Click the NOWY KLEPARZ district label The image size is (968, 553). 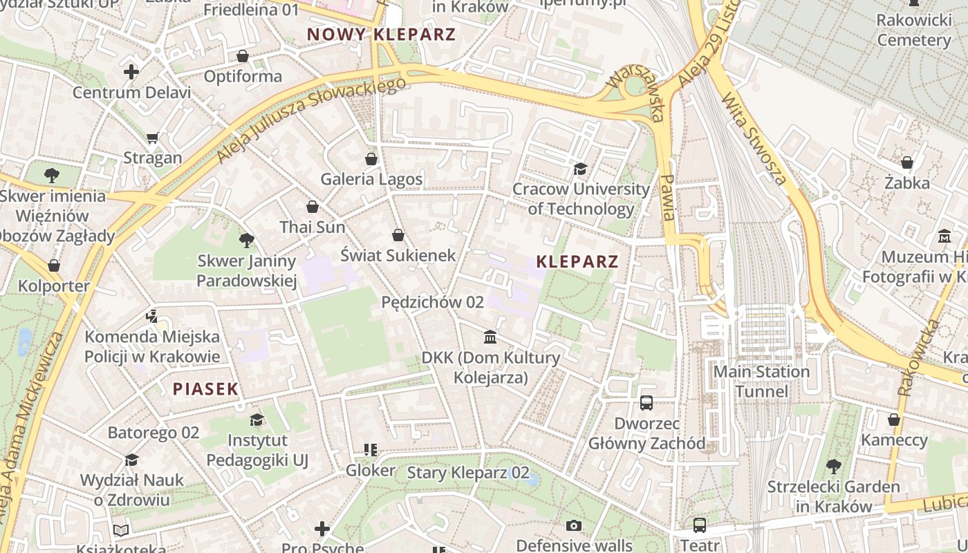pos(381,34)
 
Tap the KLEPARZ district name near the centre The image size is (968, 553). pos(577,262)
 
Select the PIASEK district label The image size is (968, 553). pos(205,388)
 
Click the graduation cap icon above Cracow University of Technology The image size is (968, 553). pos(580,169)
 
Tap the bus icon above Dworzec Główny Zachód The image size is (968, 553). pos(646,402)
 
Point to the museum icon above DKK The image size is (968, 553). pos(490,337)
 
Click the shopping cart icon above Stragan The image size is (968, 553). pos(153,138)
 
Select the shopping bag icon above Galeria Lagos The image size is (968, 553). pos(371,159)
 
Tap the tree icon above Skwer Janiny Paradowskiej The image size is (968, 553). pos(246,241)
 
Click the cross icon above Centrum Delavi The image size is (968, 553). pos(131,72)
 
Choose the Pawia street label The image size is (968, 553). pos(667,197)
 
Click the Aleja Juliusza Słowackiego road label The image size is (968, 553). pos(310,120)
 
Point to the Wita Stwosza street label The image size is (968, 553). pos(754,139)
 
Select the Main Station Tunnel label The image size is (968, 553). pos(761,382)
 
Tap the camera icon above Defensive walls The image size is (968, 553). pos(574,526)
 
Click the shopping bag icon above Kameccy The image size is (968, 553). pos(894,420)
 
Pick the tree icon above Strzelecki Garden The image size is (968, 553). pos(834,467)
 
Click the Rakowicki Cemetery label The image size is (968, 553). pos(914,30)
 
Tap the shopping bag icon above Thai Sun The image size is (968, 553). pos(313,207)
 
